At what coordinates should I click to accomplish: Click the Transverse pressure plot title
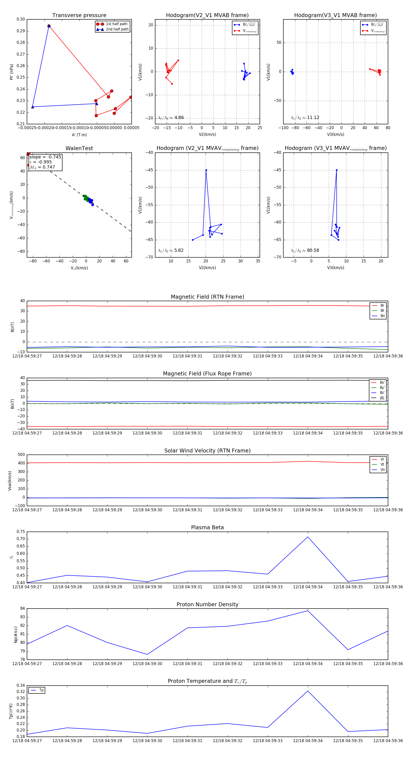click(79, 15)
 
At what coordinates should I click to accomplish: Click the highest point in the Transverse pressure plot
click(49, 26)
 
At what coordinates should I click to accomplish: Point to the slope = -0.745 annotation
click(45, 157)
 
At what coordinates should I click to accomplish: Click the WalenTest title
click(79, 148)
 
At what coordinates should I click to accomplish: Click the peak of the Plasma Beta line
click(308, 537)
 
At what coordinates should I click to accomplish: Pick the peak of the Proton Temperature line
click(308, 691)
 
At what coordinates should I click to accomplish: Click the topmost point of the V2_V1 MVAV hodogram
click(206, 170)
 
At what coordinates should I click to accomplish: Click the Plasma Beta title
click(207, 528)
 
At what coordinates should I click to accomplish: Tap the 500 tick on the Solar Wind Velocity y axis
click(21, 455)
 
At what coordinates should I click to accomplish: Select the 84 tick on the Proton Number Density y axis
click(22, 609)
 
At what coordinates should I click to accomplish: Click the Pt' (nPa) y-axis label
click(12, 72)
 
